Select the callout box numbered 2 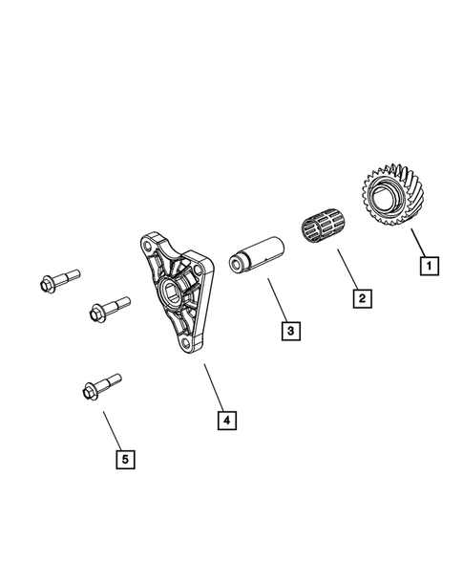point(361,299)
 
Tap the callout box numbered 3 point(291,332)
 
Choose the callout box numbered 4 point(225,419)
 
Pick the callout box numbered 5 point(123,459)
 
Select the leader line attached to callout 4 point(214,386)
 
